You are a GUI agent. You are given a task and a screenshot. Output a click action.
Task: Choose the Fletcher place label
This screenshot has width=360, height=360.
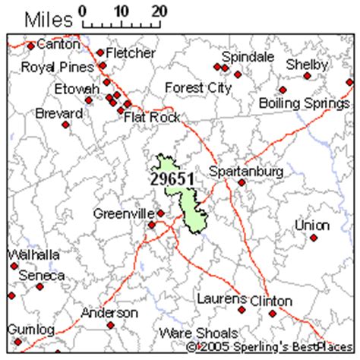[x=131, y=53]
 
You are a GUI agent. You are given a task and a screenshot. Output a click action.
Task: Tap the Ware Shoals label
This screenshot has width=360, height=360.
[x=198, y=333]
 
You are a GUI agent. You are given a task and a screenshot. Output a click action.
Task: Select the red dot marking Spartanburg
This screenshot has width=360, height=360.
[x=242, y=183]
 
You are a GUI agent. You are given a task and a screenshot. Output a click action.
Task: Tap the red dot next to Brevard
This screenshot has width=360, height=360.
[x=66, y=124]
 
